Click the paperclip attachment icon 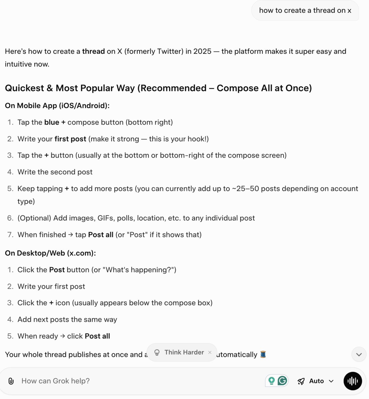tap(11, 381)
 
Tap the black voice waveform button tap(352, 381)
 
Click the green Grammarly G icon tap(282, 381)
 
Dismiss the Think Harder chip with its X tap(210, 353)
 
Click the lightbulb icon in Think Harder tap(157, 353)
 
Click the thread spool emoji tap(263, 354)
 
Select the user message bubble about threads tap(305, 11)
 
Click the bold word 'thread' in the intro tap(93, 51)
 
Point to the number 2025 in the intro tap(202, 51)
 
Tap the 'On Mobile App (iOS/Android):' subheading tap(57, 106)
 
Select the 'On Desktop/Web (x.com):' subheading tap(50, 253)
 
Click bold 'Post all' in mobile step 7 tap(101, 235)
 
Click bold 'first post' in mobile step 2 tap(70, 139)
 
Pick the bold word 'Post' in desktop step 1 tap(57, 270)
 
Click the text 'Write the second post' tap(55, 172)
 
